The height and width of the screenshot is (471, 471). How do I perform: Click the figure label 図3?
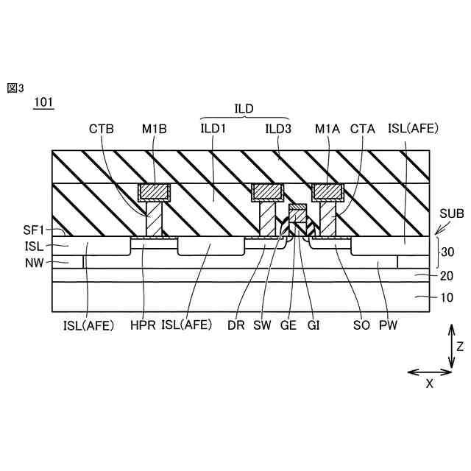[x=15, y=88]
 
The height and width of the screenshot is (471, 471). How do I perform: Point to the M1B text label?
[x=155, y=129]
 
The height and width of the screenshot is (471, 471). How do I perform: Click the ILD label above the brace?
[x=244, y=108]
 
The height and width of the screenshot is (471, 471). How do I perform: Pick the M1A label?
[x=326, y=129]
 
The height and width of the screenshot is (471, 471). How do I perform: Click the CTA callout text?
[x=362, y=129]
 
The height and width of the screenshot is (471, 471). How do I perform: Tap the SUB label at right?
[x=451, y=213]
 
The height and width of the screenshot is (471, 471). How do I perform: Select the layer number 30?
[x=447, y=252]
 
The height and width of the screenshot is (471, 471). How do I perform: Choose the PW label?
[x=387, y=325]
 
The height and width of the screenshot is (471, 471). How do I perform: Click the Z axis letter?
[x=459, y=345]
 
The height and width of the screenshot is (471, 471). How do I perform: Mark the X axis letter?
[x=429, y=383]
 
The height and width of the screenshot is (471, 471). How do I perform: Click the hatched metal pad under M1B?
[x=155, y=193]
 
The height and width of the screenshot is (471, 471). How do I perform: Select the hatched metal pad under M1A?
[x=328, y=193]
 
